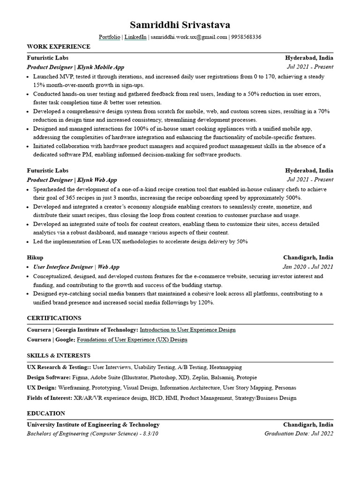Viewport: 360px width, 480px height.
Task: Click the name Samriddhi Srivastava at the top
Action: (180, 24)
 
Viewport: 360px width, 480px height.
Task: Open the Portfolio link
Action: (109, 37)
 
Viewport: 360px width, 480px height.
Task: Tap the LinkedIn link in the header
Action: (135, 37)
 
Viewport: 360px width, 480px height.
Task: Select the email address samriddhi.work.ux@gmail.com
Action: (188, 37)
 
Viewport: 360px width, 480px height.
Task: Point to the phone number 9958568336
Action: (246, 37)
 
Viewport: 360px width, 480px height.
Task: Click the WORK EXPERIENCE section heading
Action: (59, 47)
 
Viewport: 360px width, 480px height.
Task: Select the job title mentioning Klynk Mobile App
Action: (75, 67)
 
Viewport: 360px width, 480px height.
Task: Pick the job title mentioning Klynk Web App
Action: (72, 180)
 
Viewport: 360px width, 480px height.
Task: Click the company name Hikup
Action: (35, 257)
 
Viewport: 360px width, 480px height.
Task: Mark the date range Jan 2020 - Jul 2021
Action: (307, 267)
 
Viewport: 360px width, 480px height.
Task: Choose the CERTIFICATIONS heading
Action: (54, 318)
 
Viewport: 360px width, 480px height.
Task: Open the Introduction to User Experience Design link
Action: (187, 330)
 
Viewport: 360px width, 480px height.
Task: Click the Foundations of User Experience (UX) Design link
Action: (132, 340)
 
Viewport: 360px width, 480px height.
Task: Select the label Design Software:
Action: (49, 377)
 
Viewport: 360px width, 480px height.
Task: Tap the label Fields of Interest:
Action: (50, 398)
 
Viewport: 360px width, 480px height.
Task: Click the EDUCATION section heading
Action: (46, 413)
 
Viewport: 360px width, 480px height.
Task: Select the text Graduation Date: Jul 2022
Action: (299, 434)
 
